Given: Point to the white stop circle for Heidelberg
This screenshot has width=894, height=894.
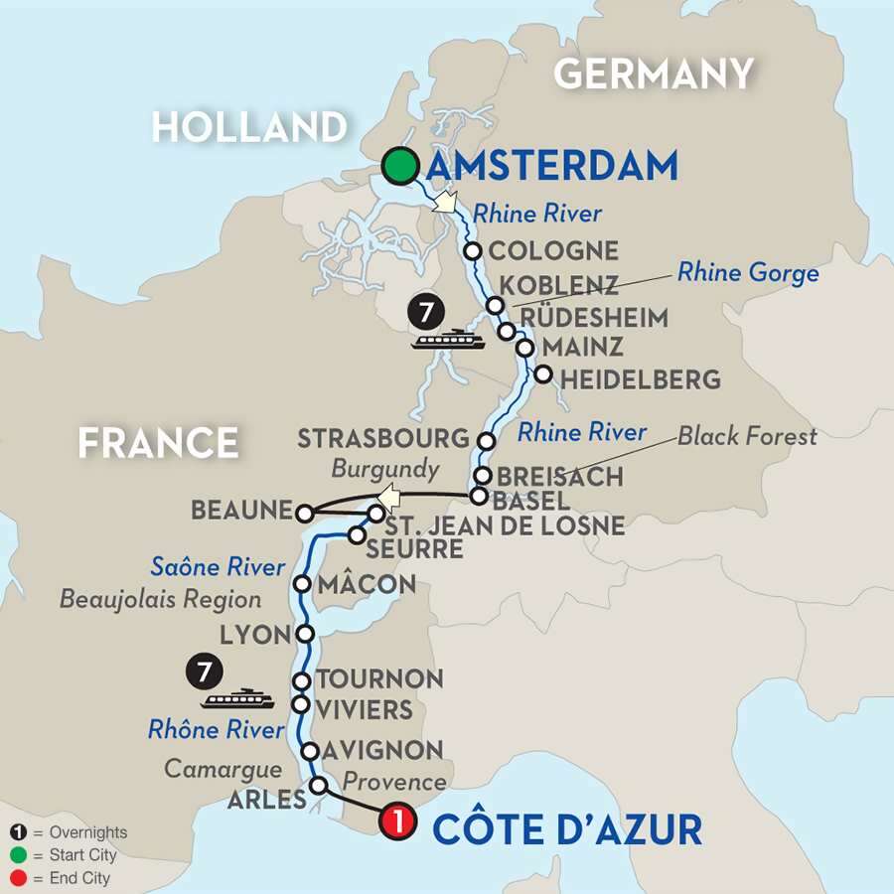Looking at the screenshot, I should pyautogui.click(x=542, y=374).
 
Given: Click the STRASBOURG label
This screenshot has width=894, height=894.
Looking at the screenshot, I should pyautogui.click(x=382, y=438).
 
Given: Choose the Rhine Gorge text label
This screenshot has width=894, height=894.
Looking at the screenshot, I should pyautogui.click(x=749, y=273).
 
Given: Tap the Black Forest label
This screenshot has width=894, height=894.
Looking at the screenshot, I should pyautogui.click(x=748, y=435).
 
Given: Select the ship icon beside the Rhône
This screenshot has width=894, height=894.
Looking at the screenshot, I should pyautogui.click(x=236, y=699).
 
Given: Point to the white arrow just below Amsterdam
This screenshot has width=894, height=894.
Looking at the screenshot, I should pyautogui.click(x=444, y=204).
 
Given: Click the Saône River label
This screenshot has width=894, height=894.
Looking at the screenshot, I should pyautogui.click(x=218, y=567).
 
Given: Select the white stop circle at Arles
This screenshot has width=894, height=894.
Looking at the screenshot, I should pyautogui.click(x=319, y=785).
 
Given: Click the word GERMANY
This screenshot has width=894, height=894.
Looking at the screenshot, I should pyautogui.click(x=654, y=74).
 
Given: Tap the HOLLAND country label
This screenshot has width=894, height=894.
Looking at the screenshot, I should pyautogui.click(x=249, y=126).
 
